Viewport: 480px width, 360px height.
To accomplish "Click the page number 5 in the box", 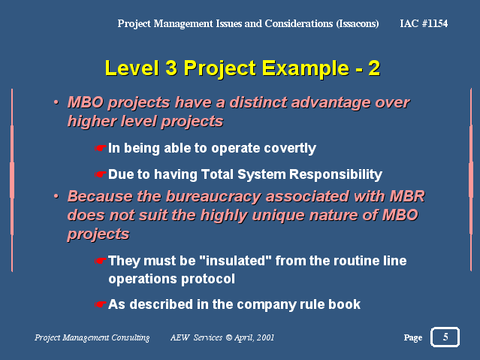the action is tap(445, 337).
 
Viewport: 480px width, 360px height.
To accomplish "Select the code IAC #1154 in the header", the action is tap(424, 23).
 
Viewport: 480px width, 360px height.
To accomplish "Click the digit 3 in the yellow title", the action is tap(171, 68).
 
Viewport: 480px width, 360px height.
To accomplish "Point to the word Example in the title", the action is tap(306, 69).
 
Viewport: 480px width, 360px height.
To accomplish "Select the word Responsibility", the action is tap(336, 174).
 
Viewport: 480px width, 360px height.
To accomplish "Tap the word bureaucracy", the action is tap(213, 196).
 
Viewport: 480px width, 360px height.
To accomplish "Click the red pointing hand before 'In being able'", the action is tap(100, 148).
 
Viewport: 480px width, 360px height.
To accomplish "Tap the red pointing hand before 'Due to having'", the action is tap(100, 174).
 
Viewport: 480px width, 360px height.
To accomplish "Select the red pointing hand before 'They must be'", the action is tap(100, 261).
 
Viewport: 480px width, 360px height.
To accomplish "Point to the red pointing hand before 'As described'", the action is tap(100, 304).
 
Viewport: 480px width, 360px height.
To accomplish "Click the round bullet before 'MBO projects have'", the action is tap(56, 102).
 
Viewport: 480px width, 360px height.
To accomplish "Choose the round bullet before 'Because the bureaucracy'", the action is tap(56, 196).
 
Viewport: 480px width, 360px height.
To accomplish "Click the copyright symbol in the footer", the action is tap(228, 337).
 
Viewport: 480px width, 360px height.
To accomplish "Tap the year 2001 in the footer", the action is tap(265, 337).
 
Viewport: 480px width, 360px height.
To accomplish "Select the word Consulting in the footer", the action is tap(131, 337).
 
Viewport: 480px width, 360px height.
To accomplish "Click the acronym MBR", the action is tap(407, 196).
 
